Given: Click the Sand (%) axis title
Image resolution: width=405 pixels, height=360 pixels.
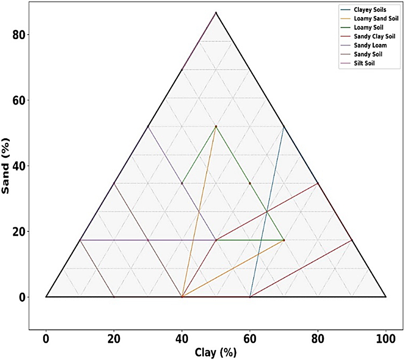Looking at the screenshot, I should (x=6, y=166).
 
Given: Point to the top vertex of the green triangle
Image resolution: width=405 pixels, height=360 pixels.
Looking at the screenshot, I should (x=216, y=127).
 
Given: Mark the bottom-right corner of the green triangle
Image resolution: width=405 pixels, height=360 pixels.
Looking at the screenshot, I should (x=284, y=240).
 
